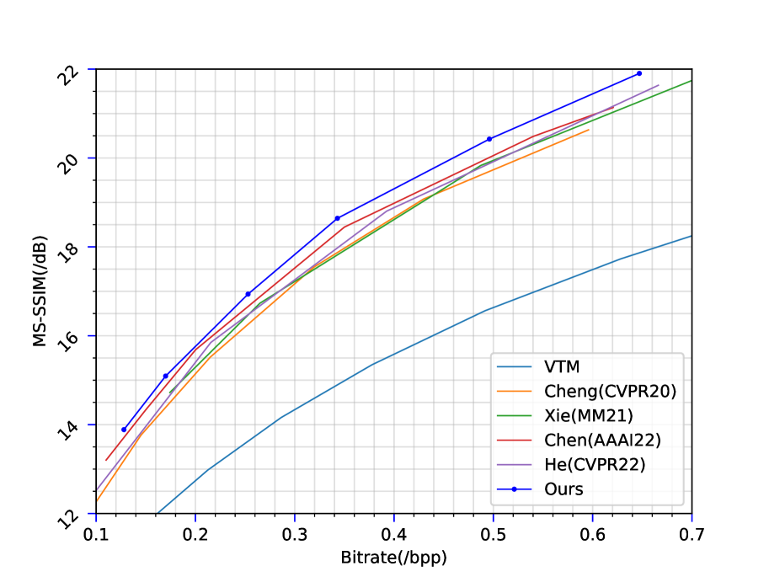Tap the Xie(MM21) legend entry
point(587,415)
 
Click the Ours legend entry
point(563,489)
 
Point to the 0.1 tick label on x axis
point(96,533)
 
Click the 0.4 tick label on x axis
point(394,533)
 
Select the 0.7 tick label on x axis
point(692,533)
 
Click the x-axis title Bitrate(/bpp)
point(393,558)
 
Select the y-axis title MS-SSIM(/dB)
point(40,291)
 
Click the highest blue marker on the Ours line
point(639,73)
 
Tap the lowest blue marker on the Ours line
point(124,430)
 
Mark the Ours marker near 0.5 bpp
point(489,139)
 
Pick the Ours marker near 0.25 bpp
point(248,294)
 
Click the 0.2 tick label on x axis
point(195,533)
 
